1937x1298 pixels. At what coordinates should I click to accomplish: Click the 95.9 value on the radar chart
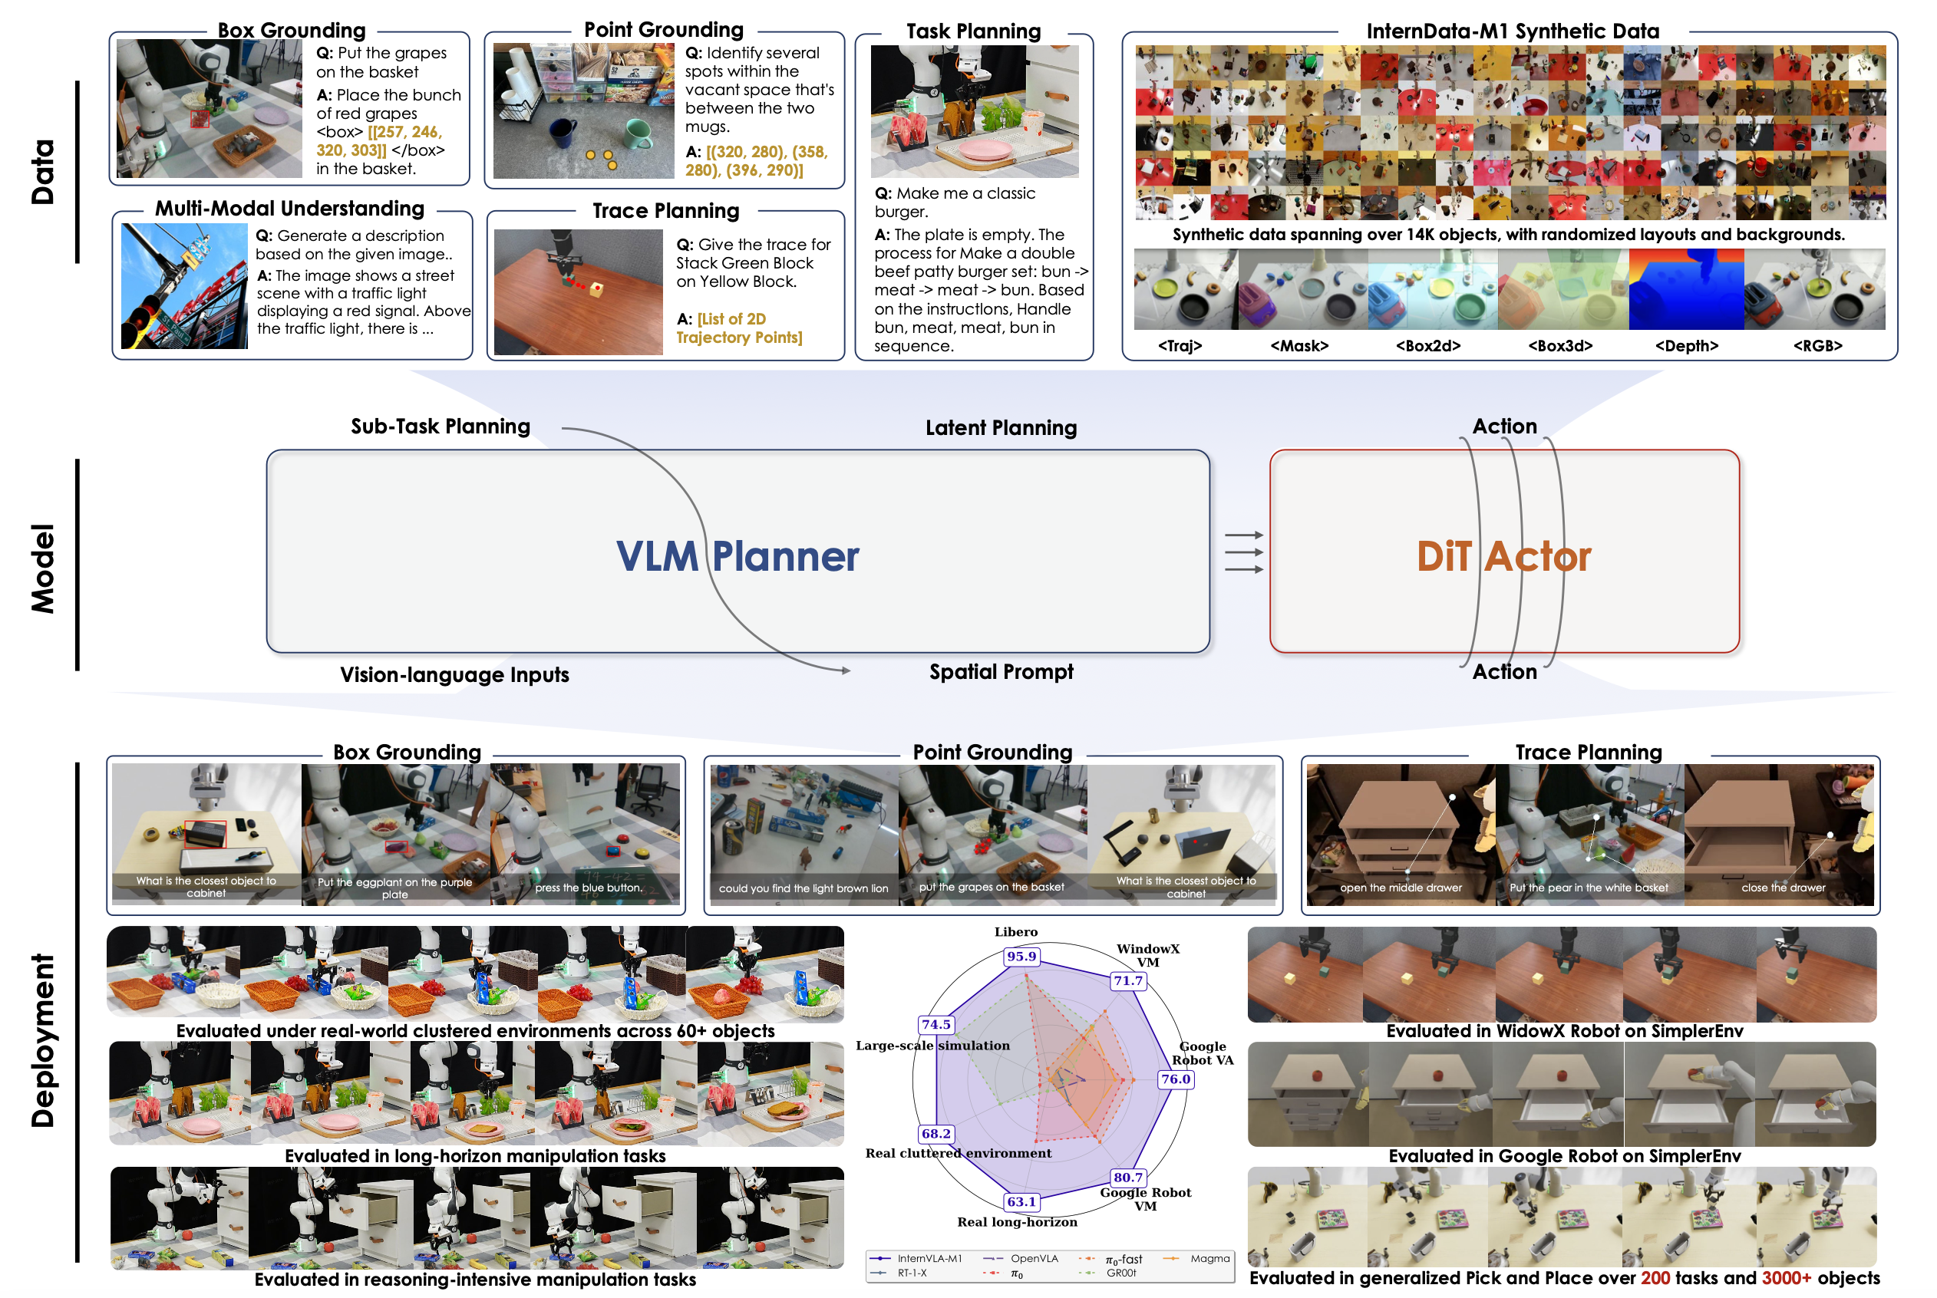[x=1021, y=956]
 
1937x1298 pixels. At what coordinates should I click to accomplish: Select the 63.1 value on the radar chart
[x=1021, y=1201]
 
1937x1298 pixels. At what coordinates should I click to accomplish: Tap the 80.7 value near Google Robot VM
[x=1128, y=1177]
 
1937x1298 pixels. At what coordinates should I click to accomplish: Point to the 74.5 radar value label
[x=936, y=1024]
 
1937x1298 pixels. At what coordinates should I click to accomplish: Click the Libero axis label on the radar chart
[x=1015, y=932]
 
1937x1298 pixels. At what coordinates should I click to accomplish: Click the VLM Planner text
[x=737, y=556]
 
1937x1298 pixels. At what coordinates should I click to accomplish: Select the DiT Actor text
[x=1503, y=556]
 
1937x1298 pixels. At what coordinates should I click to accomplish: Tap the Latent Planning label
[x=1001, y=428]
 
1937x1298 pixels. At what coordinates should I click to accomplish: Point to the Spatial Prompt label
[x=1001, y=671]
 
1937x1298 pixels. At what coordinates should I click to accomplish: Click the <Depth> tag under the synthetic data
[x=1686, y=346]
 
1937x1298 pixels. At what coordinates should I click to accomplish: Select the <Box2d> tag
[x=1427, y=346]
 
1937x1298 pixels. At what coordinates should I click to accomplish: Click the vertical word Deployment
[x=43, y=1040]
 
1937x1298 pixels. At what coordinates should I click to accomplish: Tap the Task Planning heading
[x=973, y=31]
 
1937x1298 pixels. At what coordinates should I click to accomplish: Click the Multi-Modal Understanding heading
[x=290, y=209]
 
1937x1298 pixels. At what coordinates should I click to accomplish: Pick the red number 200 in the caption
[x=1655, y=1278]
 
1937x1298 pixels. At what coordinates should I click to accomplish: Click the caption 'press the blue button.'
[x=588, y=888]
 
